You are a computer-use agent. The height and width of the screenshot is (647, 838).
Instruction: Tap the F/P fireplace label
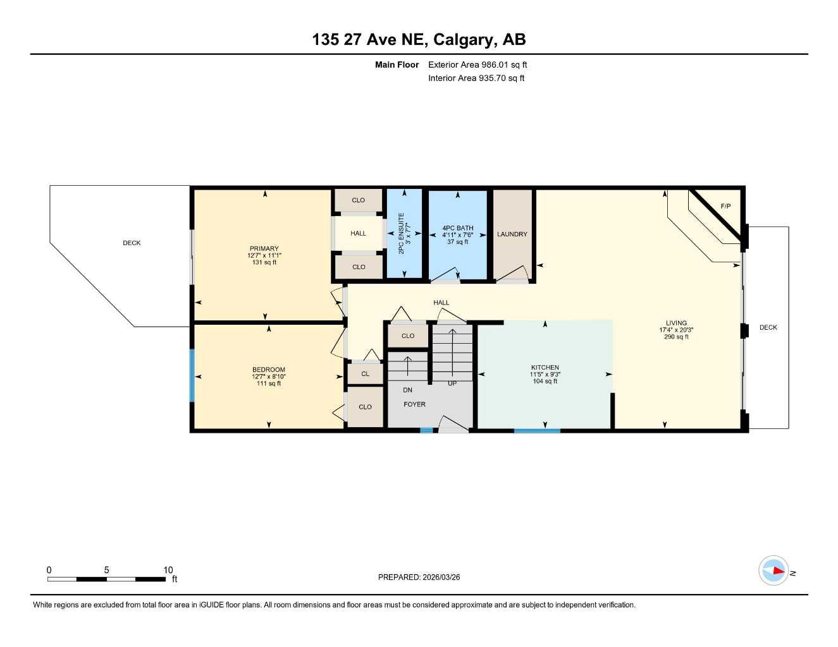click(725, 207)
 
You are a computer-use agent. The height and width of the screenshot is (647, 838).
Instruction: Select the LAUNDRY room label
click(512, 234)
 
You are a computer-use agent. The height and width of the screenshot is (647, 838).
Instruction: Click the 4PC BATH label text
click(457, 228)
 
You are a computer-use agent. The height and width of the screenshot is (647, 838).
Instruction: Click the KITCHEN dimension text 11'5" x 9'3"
click(545, 375)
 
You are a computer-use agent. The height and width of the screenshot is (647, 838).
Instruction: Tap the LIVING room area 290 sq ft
click(676, 337)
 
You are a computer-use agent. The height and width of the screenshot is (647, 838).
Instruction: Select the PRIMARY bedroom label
click(264, 248)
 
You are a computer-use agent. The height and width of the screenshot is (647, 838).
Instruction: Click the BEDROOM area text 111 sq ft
click(269, 384)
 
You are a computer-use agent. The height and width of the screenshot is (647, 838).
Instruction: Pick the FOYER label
click(414, 404)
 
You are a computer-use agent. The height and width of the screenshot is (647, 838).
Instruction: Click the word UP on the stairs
click(452, 384)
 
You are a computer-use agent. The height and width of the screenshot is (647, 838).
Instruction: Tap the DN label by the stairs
click(407, 390)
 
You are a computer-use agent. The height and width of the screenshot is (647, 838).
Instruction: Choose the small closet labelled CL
click(365, 374)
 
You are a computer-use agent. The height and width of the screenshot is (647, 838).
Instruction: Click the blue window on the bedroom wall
click(192, 375)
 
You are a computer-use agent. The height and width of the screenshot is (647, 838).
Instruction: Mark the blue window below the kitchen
click(536, 431)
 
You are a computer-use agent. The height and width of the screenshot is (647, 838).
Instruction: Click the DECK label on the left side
click(132, 243)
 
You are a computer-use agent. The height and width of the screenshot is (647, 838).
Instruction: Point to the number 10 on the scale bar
click(168, 570)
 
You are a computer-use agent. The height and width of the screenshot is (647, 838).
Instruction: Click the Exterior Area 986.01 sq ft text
click(477, 64)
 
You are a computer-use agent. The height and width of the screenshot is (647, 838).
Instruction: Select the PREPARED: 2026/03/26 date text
click(419, 577)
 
